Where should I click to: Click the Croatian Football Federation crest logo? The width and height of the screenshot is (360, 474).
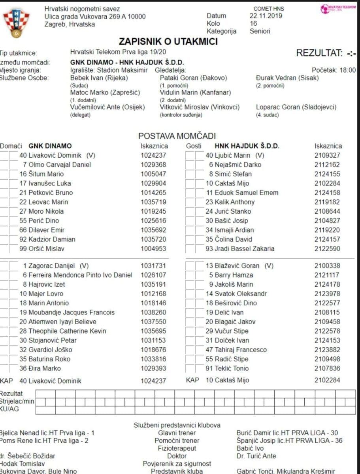[x=17, y=23]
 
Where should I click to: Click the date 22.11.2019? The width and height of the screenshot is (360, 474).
[x=264, y=16]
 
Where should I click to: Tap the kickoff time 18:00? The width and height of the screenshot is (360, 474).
[x=347, y=70]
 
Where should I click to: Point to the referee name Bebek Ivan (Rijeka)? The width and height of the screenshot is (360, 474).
[x=99, y=78]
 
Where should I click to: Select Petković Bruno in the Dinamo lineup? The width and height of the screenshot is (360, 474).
[x=51, y=193]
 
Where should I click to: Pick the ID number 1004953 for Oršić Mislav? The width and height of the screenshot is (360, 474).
[x=154, y=249]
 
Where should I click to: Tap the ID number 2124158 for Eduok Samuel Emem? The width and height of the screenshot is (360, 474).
[x=328, y=193]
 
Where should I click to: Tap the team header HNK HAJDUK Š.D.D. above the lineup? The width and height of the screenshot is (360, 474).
[x=247, y=146]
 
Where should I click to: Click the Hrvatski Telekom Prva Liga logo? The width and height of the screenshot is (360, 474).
[x=338, y=8]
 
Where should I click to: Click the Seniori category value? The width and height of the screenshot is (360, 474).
[x=260, y=31]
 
